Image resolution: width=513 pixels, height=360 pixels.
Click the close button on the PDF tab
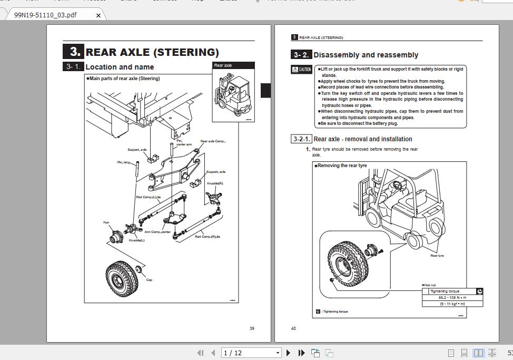(98, 15)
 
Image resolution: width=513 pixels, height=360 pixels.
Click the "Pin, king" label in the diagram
(123, 162)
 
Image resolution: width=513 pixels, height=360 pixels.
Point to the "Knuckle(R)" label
(215, 183)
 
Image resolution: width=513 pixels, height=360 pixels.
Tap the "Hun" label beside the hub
(106, 222)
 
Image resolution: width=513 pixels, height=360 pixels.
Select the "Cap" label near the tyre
(149, 280)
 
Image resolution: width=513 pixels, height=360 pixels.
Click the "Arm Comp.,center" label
(157, 232)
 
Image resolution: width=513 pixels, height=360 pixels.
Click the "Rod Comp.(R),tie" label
(208, 237)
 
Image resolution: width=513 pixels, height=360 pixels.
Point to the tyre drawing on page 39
(120, 278)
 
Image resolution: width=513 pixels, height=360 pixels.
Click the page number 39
(252, 328)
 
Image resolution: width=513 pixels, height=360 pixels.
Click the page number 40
(293, 328)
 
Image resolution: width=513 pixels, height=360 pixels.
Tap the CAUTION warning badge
(302, 70)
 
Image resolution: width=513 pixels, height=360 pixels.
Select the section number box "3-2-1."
(301, 139)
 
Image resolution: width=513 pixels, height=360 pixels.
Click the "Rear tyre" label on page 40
(437, 256)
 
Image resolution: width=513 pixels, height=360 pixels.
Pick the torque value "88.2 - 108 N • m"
(452, 297)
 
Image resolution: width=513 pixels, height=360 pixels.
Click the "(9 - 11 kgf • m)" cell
(452, 304)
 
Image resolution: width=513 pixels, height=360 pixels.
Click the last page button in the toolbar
(301, 353)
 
